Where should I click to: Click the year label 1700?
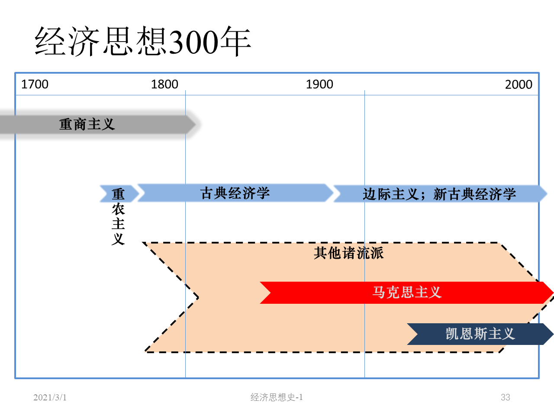pos(35,84)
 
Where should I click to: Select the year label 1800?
pos(164,84)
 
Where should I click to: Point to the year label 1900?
pos(319,84)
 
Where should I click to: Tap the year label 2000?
pos(519,84)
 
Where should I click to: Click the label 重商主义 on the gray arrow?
pos(87,124)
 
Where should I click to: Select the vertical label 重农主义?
pos(118,217)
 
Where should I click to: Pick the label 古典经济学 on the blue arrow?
pos(235,193)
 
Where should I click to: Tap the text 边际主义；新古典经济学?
pos(439,194)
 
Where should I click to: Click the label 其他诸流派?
pos(349,253)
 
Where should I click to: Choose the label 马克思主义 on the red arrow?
pos(407,292)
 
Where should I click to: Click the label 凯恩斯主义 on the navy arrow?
pos(480,334)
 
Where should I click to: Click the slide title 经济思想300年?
pos(143,41)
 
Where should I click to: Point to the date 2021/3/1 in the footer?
pos(50,397)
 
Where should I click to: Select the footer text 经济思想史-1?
pos(277,397)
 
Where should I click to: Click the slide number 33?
pos(505,397)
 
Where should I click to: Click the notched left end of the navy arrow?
pos(413,334)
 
